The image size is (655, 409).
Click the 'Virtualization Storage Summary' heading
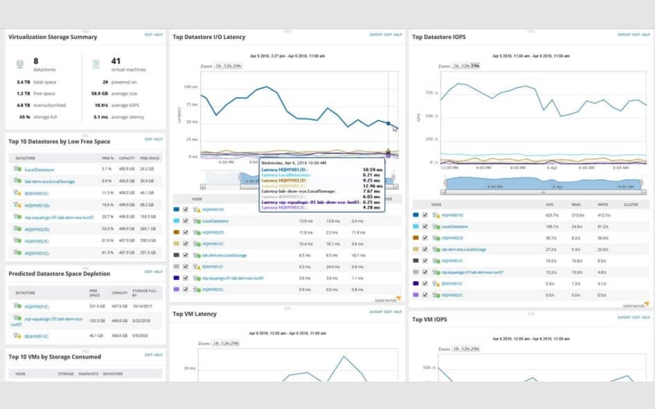(x=52, y=37)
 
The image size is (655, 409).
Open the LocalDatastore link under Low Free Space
(x=39, y=169)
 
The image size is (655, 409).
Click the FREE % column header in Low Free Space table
(x=107, y=158)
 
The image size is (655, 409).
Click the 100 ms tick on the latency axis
(x=190, y=86)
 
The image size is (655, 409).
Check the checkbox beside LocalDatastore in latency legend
(x=185, y=221)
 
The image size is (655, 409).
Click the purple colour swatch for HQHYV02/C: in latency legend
(x=176, y=289)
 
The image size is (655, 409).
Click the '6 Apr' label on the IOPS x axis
(x=552, y=167)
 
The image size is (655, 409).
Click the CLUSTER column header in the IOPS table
(x=631, y=204)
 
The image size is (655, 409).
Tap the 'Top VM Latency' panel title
(x=194, y=314)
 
